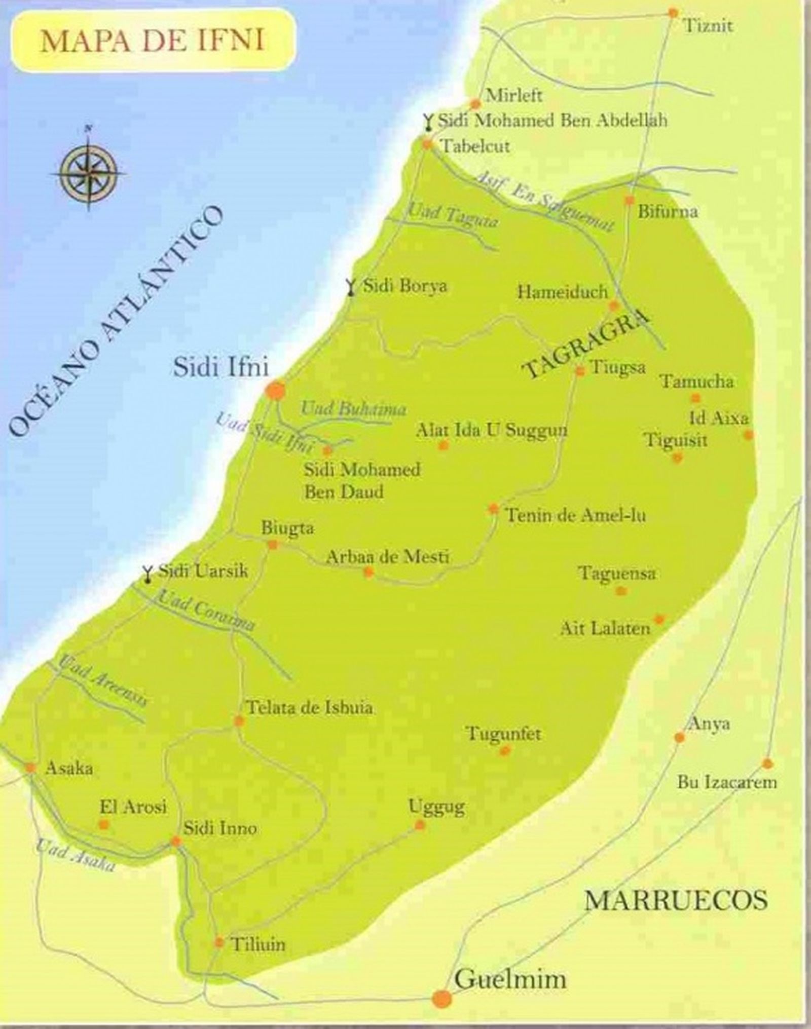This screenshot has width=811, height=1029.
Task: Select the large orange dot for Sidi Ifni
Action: pyautogui.click(x=276, y=391)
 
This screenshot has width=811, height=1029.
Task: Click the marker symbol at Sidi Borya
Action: pyautogui.click(x=350, y=286)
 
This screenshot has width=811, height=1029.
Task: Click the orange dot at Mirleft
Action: pyautogui.click(x=475, y=104)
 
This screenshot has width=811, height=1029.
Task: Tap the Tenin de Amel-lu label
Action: pyautogui.click(x=576, y=516)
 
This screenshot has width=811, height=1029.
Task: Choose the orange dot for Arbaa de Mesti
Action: pyautogui.click(x=368, y=573)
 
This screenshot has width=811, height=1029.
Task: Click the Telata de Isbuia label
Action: pyautogui.click(x=309, y=707)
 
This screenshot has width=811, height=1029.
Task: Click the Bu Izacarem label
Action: pyautogui.click(x=727, y=783)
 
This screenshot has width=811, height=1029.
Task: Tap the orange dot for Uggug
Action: pyautogui.click(x=420, y=825)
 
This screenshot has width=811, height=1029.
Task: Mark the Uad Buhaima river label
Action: pyautogui.click(x=353, y=408)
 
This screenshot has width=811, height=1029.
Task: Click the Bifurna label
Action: pyautogui.click(x=667, y=211)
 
